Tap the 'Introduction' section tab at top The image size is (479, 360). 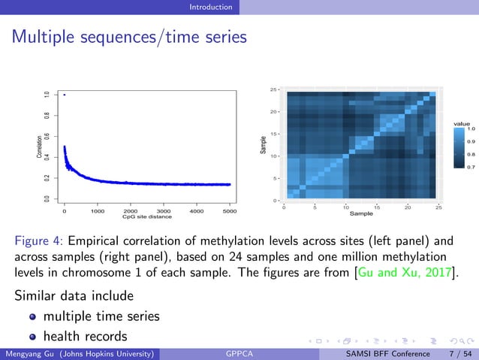coord(210,7)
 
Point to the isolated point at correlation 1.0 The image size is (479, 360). coord(65,95)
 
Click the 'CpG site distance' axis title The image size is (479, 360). coord(146,218)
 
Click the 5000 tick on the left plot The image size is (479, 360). coord(230,212)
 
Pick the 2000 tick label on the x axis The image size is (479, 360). coord(130,212)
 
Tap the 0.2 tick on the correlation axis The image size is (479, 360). coord(47,178)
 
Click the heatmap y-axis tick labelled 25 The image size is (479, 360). coord(274,89)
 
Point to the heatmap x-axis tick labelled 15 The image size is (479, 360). coord(377,208)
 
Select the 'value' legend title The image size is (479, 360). coord(462,123)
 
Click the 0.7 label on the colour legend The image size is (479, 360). coord(471,167)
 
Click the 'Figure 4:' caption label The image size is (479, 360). coord(40,242)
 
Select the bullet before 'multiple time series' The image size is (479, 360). coord(33,316)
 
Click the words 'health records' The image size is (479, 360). coord(85,336)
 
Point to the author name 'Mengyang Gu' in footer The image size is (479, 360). coord(28,353)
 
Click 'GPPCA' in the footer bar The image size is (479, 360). coord(239,353)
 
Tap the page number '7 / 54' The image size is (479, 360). coord(459,353)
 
